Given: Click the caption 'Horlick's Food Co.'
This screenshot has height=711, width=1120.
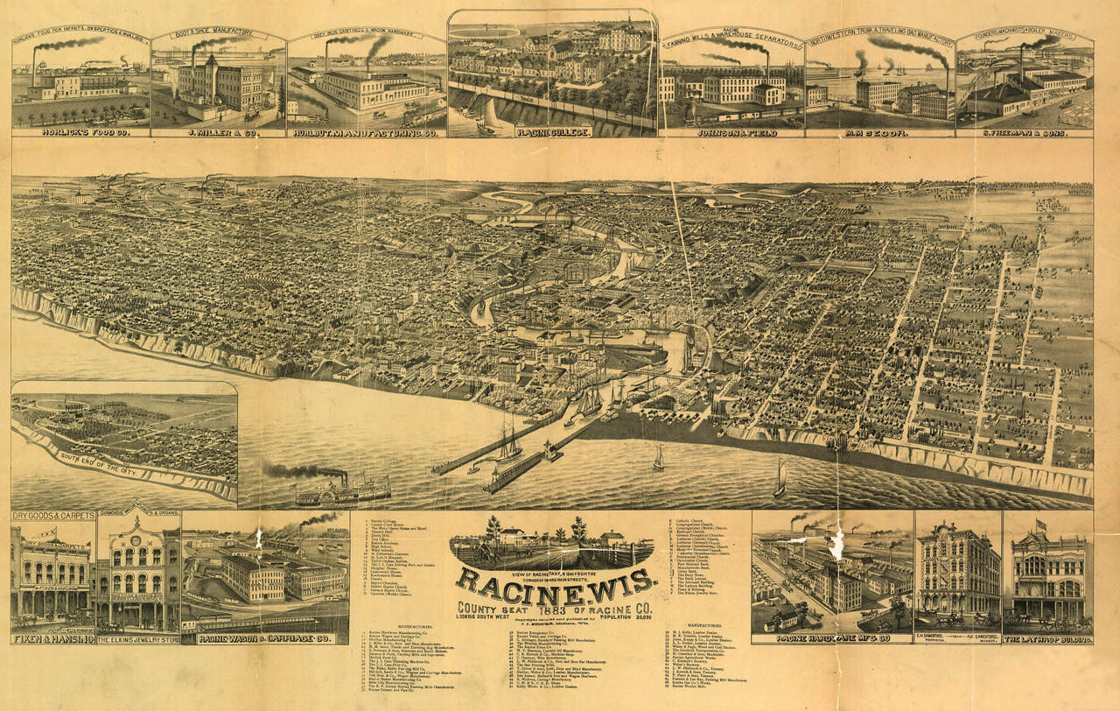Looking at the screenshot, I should (x=81, y=133).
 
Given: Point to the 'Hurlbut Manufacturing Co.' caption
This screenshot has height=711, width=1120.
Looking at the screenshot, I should (x=365, y=133).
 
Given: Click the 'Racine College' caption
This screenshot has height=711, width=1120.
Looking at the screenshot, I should (x=553, y=132).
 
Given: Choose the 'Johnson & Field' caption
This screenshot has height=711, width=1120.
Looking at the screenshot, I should (x=731, y=133).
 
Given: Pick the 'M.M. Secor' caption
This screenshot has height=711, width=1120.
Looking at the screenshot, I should (x=879, y=133).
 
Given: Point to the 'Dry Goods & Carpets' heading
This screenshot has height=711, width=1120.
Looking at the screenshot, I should (x=53, y=516).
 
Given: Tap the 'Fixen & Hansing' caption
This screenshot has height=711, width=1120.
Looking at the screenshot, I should (x=53, y=638).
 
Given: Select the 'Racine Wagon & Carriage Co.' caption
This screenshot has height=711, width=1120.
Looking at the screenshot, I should (x=264, y=638).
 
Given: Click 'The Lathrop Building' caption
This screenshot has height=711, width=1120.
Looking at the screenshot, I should (x=1047, y=638).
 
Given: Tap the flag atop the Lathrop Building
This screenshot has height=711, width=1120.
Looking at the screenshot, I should (x=1042, y=524).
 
